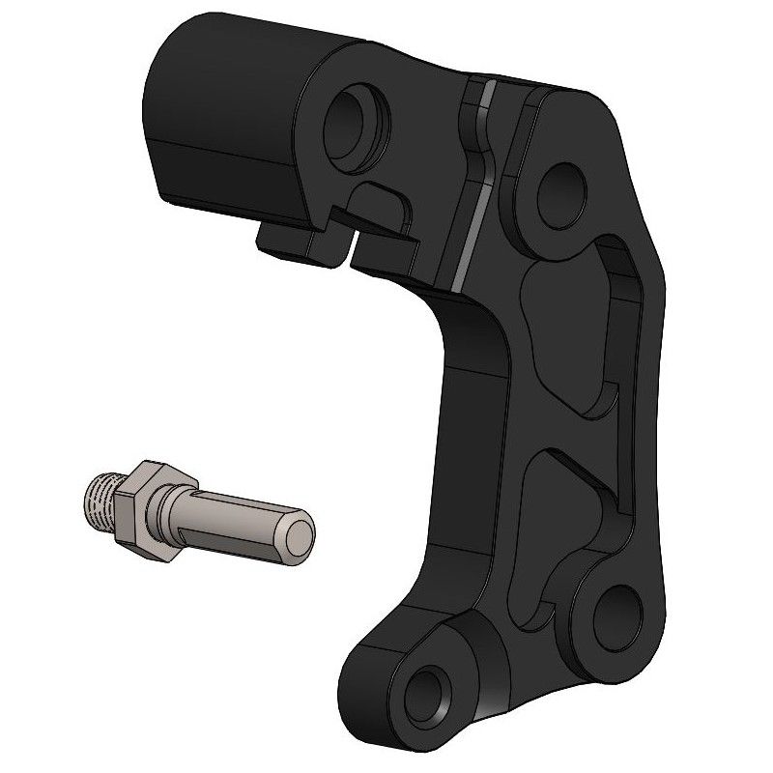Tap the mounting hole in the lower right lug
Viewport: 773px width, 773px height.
tap(611, 611)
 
